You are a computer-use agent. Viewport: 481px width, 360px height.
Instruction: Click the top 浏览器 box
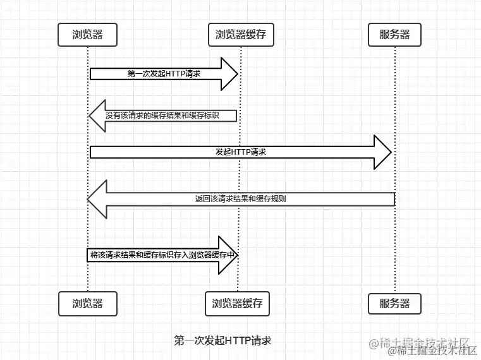coord(88,35)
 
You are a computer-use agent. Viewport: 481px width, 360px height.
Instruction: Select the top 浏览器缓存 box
coord(241,35)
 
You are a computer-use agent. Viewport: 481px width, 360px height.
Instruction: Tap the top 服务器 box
coord(394,35)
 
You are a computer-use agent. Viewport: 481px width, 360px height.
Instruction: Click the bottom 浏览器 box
coord(88,304)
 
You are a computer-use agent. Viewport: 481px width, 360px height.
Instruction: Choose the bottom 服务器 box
coord(394,304)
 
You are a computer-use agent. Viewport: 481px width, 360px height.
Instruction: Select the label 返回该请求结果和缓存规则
coord(240,199)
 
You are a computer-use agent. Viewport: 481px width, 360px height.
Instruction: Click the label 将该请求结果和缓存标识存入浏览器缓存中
coord(163,255)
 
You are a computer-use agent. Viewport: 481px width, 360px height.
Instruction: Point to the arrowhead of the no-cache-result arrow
coord(97,116)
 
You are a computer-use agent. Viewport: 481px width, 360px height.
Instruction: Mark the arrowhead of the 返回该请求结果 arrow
coord(97,199)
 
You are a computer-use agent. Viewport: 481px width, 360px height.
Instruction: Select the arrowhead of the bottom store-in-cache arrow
coord(228,255)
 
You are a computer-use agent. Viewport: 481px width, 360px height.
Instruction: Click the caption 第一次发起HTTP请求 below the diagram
coord(222,340)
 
